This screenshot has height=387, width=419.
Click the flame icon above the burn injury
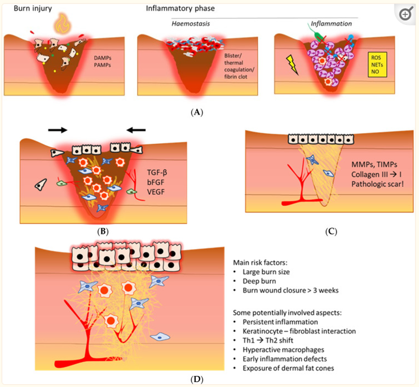coord(62,24)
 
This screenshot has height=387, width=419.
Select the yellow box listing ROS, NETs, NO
coord(377,65)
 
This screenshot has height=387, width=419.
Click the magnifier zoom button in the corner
coord(405,14)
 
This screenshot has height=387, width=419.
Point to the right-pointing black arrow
coord(58,130)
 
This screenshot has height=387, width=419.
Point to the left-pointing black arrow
coord(136,130)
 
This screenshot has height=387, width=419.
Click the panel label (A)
coord(197,112)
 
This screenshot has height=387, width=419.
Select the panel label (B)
coord(103,231)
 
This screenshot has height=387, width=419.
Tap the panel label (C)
coord(331,231)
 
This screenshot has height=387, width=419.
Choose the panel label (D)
coord(197,379)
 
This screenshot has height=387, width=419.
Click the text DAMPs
coord(103,58)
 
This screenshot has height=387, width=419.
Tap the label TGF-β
coord(157,172)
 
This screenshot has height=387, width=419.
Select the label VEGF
coord(156,192)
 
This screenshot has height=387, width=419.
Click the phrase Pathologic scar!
coord(377,184)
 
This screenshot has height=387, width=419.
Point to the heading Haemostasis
coord(190,24)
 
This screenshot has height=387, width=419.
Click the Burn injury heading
coord(33,9)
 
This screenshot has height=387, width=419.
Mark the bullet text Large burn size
coord(266,272)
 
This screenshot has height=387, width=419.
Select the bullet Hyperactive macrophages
coord(283,350)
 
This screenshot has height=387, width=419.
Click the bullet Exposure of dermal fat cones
coord(288,368)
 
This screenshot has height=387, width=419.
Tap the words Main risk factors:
coord(260,263)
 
